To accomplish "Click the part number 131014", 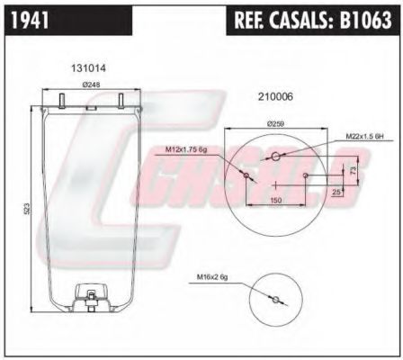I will pyautogui.click(x=87, y=67).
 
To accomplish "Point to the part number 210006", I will pyautogui.click(x=276, y=95).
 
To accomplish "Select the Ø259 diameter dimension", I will pyautogui.click(x=275, y=123).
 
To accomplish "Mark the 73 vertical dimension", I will pyautogui.click(x=354, y=168).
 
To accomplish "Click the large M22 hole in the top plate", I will pyautogui.click(x=275, y=157).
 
